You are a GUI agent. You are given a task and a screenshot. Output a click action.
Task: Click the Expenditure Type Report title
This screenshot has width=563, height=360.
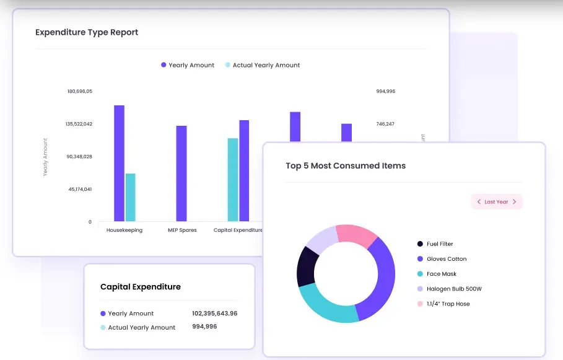click(x=87, y=32)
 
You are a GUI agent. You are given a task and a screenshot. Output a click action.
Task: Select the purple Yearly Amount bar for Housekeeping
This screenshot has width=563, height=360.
click(x=119, y=163)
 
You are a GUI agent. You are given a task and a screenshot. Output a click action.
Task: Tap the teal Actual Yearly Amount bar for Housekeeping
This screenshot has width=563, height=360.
click(x=130, y=197)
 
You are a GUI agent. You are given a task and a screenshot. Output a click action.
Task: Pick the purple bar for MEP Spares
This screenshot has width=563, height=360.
click(x=181, y=173)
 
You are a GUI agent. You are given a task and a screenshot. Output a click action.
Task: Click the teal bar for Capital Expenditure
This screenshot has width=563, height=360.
click(x=233, y=179)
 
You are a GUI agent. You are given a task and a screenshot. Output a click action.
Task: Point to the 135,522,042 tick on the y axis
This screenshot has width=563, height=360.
click(x=79, y=124)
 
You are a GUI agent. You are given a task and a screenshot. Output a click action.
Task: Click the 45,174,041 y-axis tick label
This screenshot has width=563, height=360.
click(x=80, y=189)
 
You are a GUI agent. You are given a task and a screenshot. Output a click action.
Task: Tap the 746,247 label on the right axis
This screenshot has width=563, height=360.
click(x=385, y=124)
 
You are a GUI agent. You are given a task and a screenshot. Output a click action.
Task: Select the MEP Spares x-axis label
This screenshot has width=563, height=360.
click(x=182, y=230)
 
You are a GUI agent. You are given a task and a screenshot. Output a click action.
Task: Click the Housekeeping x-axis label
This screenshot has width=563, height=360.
click(x=124, y=230)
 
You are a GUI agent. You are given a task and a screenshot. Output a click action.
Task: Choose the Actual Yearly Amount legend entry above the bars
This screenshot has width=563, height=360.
click(x=266, y=65)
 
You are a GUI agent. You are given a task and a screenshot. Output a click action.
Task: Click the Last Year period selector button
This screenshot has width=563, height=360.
click(x=497, y=202)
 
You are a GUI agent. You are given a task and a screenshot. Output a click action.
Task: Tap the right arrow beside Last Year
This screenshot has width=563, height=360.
click(x=514, y=202)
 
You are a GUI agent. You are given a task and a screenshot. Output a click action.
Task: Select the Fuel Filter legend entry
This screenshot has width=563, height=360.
click(x=440, y=244)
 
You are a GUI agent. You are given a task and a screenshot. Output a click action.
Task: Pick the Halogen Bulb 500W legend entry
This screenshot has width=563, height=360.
click(x=453, y=289)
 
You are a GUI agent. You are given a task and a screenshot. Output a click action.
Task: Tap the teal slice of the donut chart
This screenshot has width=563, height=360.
click(x=328, y=307)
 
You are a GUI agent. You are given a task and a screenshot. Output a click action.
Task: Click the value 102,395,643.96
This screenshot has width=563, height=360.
click(x=214, y=314)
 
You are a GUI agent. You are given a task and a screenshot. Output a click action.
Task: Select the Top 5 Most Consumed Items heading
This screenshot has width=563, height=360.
click(x=346, y=165)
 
